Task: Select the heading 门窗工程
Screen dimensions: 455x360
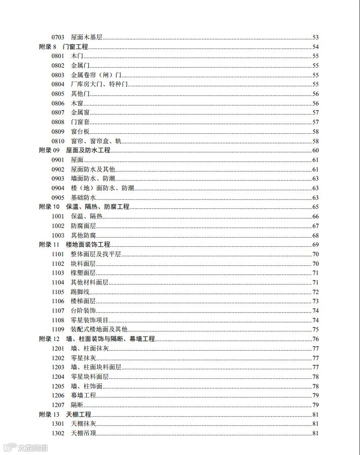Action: tap(76, 47)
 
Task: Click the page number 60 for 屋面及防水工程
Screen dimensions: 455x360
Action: tap(316, 150)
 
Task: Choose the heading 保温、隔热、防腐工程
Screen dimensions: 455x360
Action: tap(98, 207)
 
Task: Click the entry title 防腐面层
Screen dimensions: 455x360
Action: tap(84, 226)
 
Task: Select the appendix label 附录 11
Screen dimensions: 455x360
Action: tap(49, 245)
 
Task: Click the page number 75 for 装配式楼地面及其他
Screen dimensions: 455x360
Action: tap(316, 329)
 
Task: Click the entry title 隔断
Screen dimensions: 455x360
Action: tap(77, 405)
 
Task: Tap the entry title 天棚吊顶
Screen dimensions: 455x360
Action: tap(84, 433)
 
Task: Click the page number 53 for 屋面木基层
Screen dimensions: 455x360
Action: tap(316, 37)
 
